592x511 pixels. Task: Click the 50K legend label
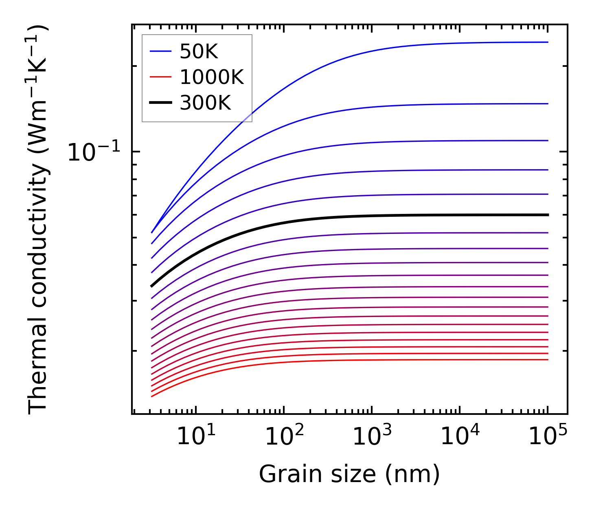[199, 52]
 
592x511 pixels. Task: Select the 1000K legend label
[212, 77]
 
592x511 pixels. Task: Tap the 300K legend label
[205, 103]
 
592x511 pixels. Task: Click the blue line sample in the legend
[160, 51]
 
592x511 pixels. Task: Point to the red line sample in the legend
[160, 77]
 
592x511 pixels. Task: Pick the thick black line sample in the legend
[160, 103]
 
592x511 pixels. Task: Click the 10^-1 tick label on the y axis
[94, 153]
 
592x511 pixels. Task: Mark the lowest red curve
[326, 361]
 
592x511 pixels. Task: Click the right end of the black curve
[548, 215]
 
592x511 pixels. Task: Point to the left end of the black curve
[152, 286]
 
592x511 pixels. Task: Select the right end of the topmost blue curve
[548, 42]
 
